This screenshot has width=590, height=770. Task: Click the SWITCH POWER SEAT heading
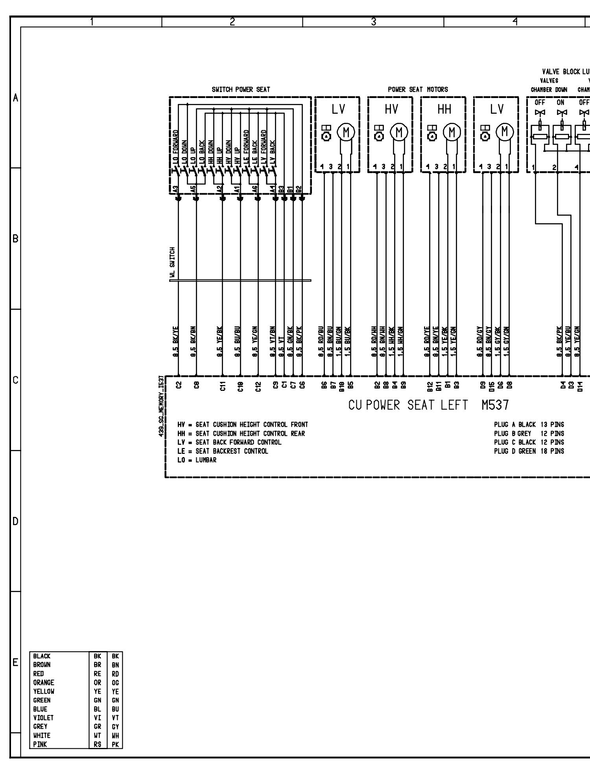coord(241,89)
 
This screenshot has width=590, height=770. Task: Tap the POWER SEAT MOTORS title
coord(418,89)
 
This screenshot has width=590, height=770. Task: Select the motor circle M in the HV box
coord(399,132)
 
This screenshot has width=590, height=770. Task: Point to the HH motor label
coord(444,109)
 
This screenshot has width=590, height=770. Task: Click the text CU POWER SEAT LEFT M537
coord(428,405)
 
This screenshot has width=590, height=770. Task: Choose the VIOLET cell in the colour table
coord(43,718)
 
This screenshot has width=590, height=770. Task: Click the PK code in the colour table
coord(115,744)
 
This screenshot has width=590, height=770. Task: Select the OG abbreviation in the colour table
coord(115,682)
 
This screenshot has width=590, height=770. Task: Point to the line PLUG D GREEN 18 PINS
coord(529,451)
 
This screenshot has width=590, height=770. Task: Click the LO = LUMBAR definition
coord(197,460)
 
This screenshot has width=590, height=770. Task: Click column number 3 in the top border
coord(373,22)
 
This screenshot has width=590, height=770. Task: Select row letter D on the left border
coord(15,522)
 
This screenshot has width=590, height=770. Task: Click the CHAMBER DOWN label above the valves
coord(549,89)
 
